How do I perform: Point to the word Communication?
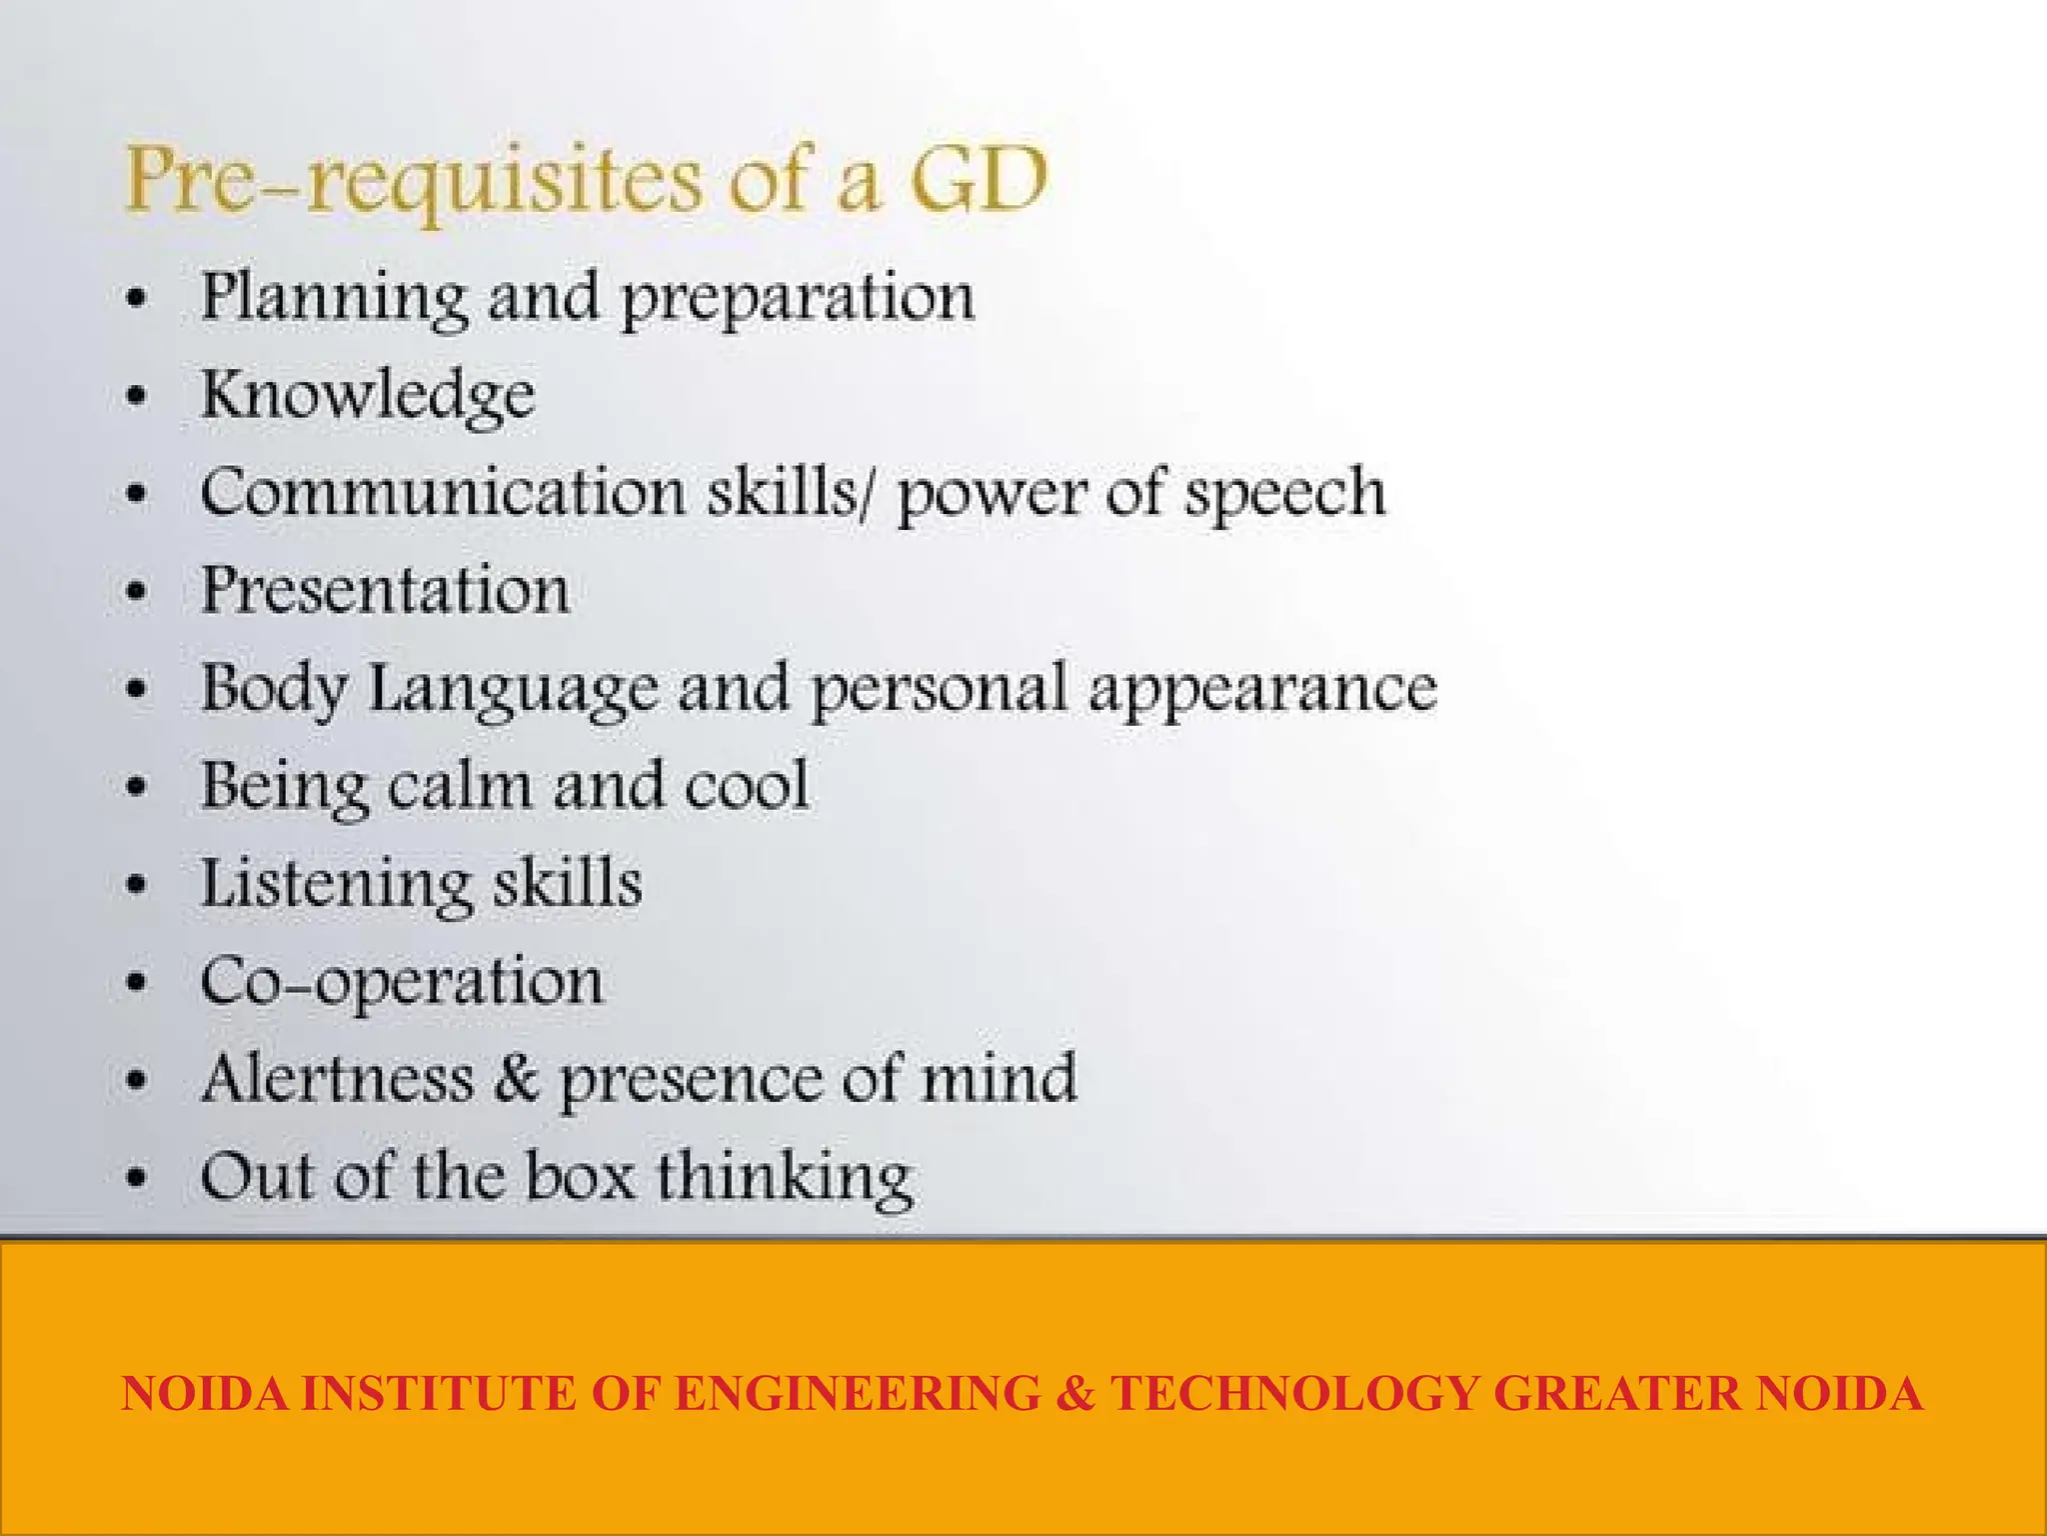443,492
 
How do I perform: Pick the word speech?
1284,494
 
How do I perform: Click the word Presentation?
385,590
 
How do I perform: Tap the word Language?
514,690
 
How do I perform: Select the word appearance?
1262,690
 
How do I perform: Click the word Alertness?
338,1078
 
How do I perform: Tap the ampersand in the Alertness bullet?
516,1078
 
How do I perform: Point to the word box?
581,1175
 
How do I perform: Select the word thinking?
785,1177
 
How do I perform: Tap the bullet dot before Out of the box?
137,1177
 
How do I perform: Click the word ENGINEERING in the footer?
857,1393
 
